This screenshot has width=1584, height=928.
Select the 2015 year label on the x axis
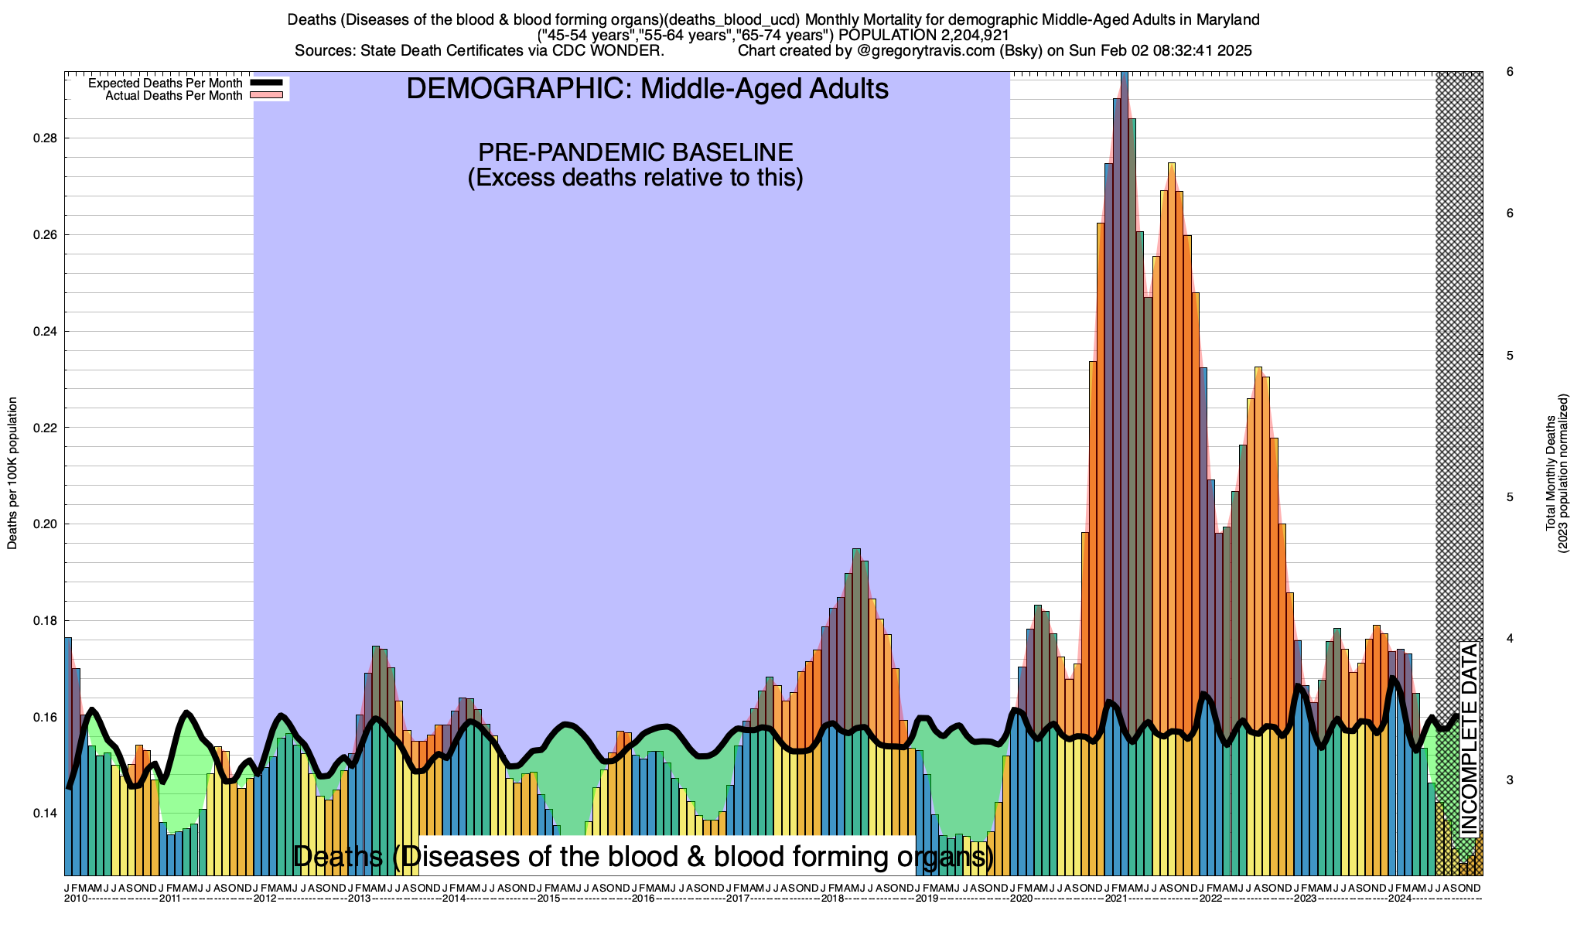pyautogui.click(x=548, y=899)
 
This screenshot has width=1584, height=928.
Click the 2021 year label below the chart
pyautogui.click(x=1116, y=899)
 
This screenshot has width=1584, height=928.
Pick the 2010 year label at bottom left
pyautogui.click(x=76, y=899)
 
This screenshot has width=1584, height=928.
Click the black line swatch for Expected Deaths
pyautogui.click(x=265, y=83)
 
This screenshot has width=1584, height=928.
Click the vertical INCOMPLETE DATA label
pyautogui.click(x=1469, y=739)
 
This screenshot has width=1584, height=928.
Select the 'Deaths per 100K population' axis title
pyautogui.click(x=12, y=473)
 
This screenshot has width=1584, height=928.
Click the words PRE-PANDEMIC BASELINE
pyautogui.click(x=635, y=152)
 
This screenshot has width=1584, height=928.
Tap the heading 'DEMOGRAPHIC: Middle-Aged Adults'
pyautogui.click(x=647, y=89)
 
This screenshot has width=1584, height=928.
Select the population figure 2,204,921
pyautogui.click(x=964, y=36)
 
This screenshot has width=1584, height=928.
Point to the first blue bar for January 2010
pyautogui.click(x=68, y=758)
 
